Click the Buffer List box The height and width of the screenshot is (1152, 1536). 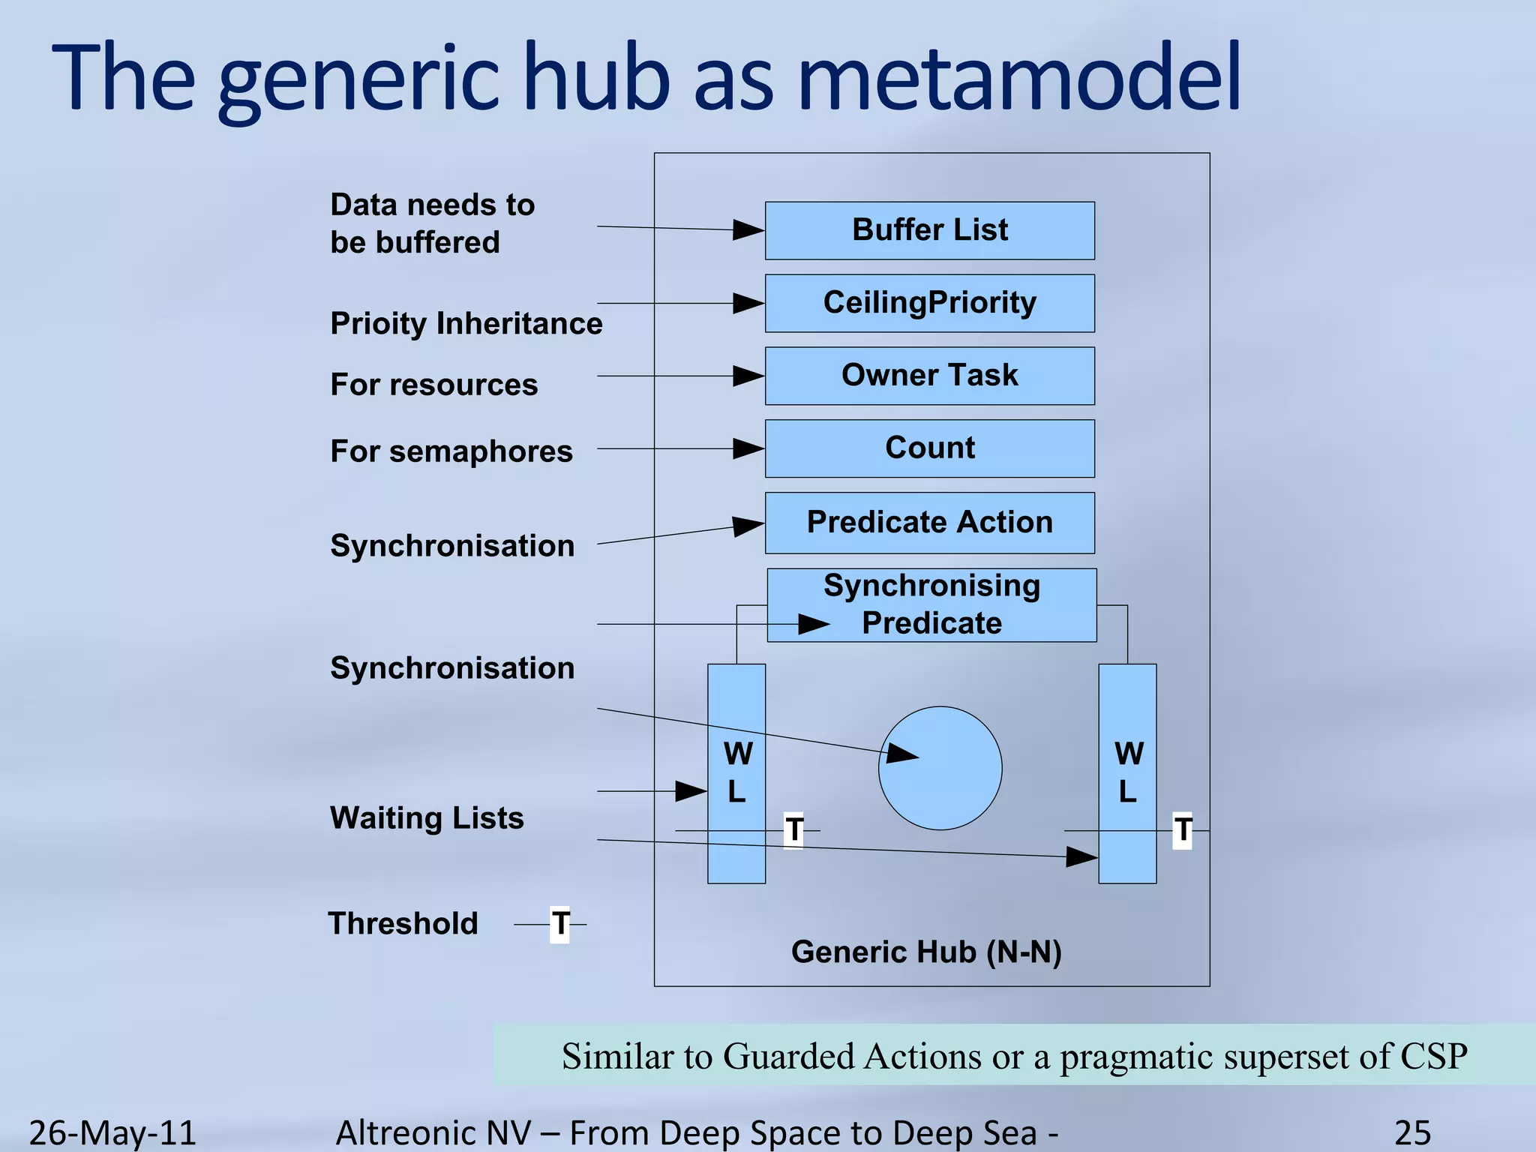click(x=929, y=230)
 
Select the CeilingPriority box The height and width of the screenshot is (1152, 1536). click(x=929, y=303)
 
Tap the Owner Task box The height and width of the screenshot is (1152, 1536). click(x=929, y=376)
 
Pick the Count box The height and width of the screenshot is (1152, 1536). click(x=929, y=448)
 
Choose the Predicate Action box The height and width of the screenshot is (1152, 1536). click(x=929, y=523)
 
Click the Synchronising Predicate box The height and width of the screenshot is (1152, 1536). click(x=931, y=604)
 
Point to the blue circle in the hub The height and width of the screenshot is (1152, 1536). click(x=940, y=768)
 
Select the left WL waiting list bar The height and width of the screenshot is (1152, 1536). click(x=736, y=772)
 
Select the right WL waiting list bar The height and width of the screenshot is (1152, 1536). click(x=1127, y=772)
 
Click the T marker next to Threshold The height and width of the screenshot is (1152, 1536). click(x=560, y=924)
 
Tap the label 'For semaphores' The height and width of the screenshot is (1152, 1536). click(x=451, y=451)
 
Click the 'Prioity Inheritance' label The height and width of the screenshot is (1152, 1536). click(x=466, y=324)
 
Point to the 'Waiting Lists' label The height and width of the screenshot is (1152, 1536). click(x=427, y=817)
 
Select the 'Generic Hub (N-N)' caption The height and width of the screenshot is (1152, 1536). click(x=926, y=952)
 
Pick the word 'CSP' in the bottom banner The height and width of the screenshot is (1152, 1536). click(x=1432, y=1056)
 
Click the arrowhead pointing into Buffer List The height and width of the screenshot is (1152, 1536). click(x=748, y=230)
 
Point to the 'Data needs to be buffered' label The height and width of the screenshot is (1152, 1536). click(x=433, y=223)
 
